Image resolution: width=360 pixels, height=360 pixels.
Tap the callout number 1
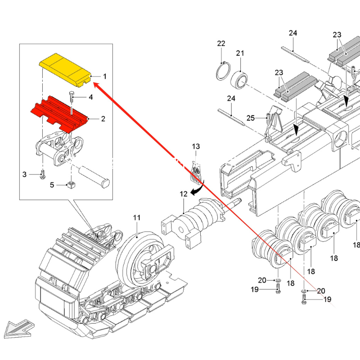click(x=104, y=76)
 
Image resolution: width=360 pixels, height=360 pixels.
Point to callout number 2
click(x=103, y=119)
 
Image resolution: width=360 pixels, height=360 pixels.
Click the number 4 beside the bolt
click(x=90, y=97)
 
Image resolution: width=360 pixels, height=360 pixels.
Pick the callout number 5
click(x=52, y=184)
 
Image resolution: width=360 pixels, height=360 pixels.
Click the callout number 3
click(x=25, y=174)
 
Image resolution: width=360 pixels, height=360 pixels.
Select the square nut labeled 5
click(x=70, y=185)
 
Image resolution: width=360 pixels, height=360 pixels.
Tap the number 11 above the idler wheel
click(x=137, y=218)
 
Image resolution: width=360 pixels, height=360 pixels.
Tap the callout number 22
click(x=221, y=43)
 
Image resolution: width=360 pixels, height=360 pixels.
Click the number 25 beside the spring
click(x=251, y=118)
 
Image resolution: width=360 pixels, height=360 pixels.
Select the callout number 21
click(x=240, y=53)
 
